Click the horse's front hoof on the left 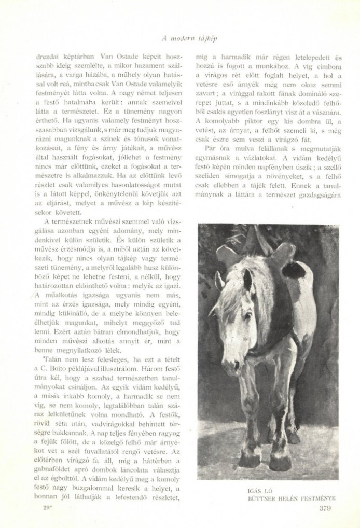(x=250, y=457)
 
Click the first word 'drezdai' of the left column (x=48, y=55)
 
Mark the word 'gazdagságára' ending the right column (x=319, y=195)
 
